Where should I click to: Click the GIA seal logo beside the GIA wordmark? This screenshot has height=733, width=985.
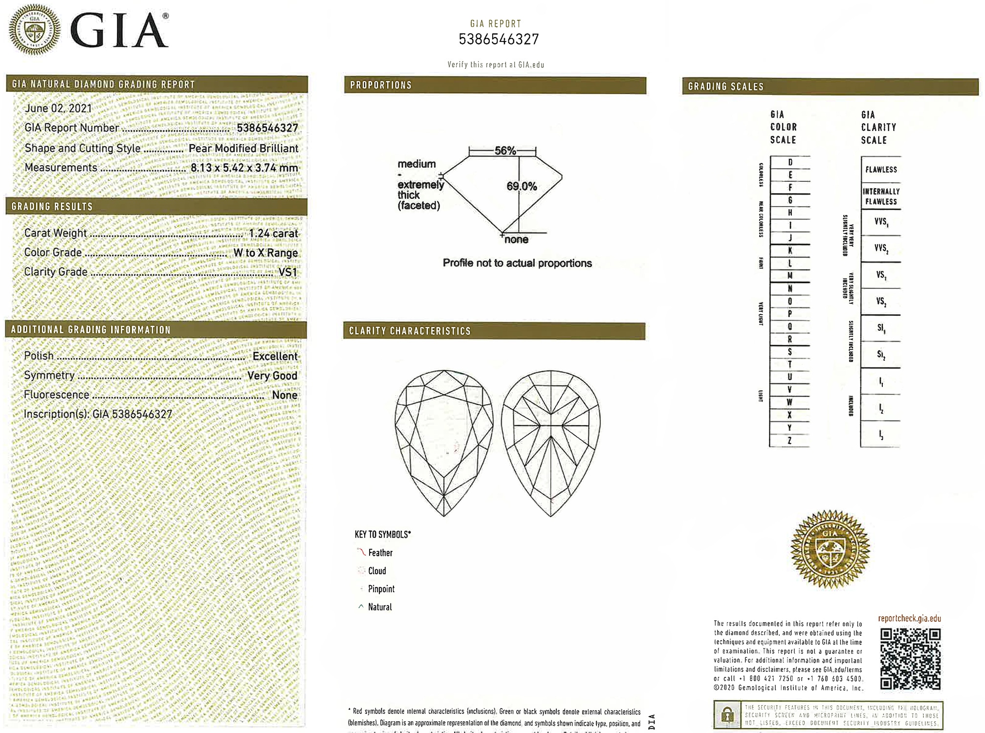click(35, 29)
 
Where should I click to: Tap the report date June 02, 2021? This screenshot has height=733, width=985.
click(58, 108)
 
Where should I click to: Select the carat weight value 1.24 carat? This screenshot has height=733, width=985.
click(273, 234)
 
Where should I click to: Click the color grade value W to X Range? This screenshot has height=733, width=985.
click(265, 253)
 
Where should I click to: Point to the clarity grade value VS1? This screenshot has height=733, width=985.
click(287, 272)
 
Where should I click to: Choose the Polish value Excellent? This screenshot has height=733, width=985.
click(275, 356)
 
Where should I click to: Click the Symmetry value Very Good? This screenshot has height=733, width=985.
click(272, 376)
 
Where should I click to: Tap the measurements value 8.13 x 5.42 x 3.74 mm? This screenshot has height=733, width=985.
click(244, 168)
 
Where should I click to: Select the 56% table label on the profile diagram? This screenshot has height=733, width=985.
click(505, 151)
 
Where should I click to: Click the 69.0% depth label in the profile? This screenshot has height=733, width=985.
click(522, 186)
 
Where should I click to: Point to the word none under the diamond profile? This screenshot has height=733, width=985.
click(516, 239)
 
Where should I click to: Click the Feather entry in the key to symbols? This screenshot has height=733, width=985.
click(380, 553)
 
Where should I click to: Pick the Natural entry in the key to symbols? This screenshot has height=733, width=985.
click(379, 607)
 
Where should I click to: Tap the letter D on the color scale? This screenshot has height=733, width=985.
click(790, 162)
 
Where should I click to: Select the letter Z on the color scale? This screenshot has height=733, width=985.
click(789, 441)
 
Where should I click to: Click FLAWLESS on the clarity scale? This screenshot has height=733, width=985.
click(881, 170)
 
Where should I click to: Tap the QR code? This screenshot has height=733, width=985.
click(910, 659)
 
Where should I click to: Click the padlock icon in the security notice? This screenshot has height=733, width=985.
click(727, 715)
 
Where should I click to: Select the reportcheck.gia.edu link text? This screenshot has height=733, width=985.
click(909, 618)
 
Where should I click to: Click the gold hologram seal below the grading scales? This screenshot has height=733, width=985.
click(830, 549)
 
